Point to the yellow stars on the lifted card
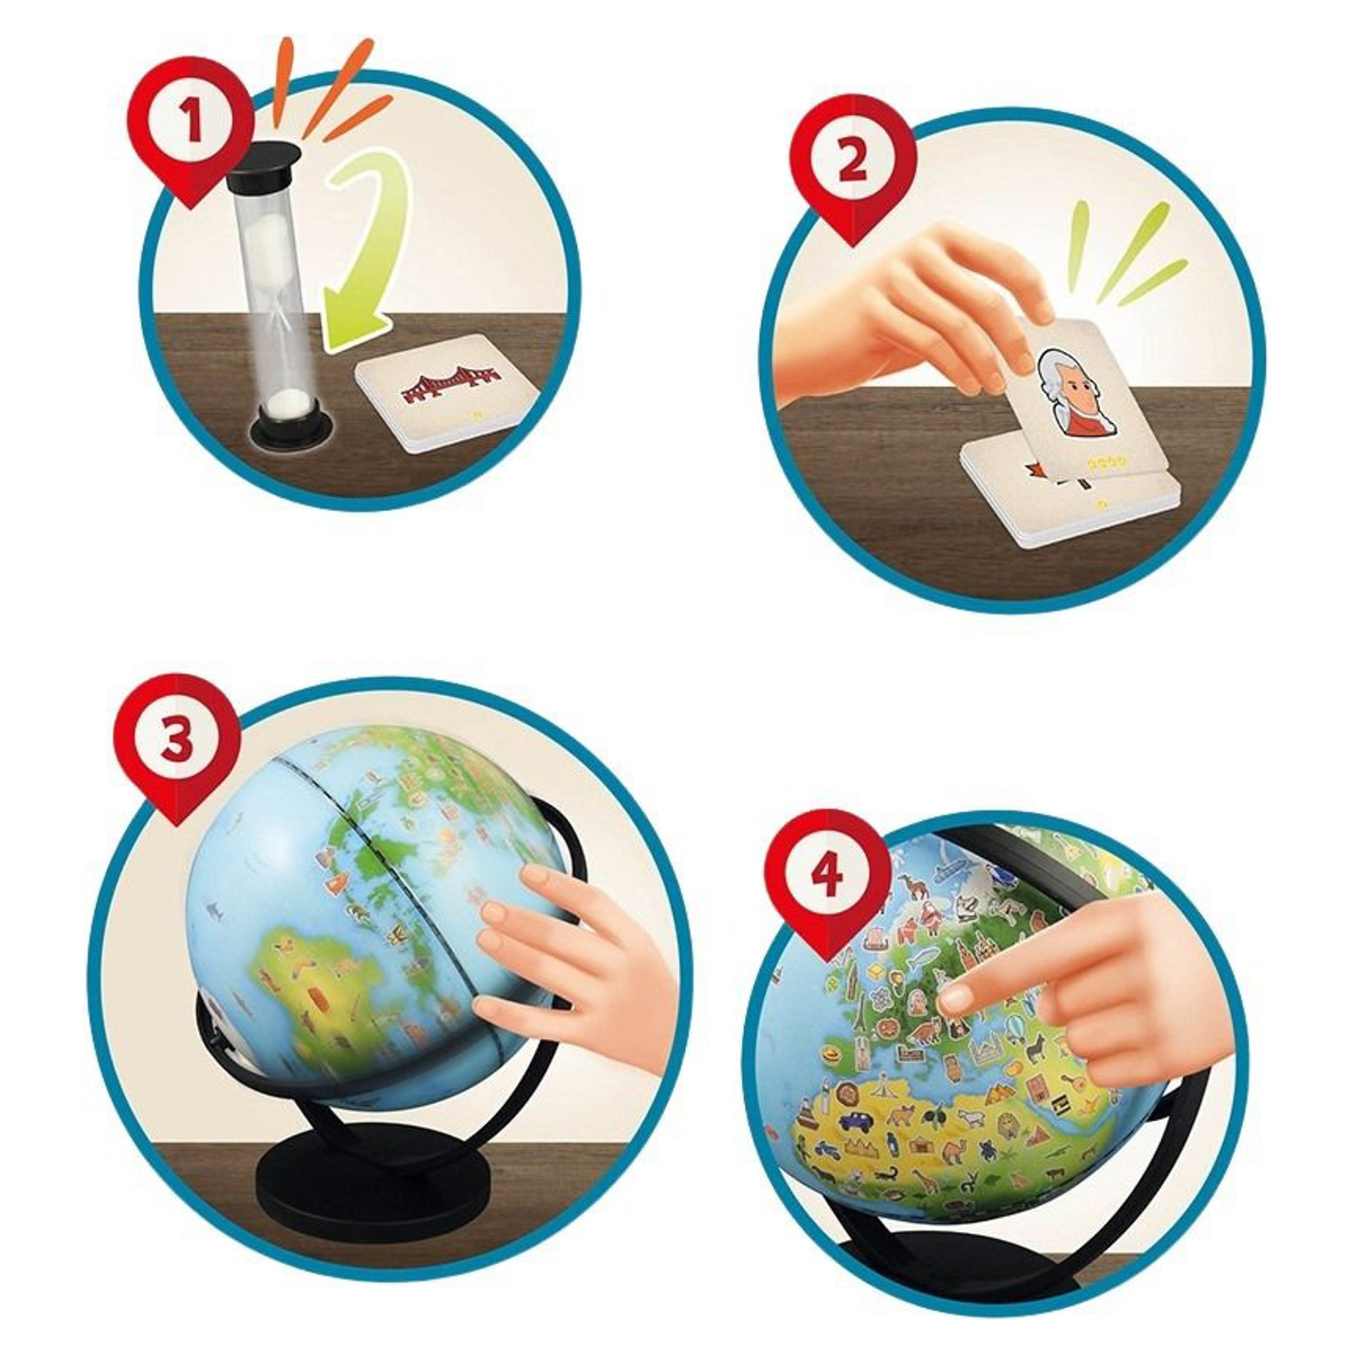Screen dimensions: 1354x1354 tap(1107, 462)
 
